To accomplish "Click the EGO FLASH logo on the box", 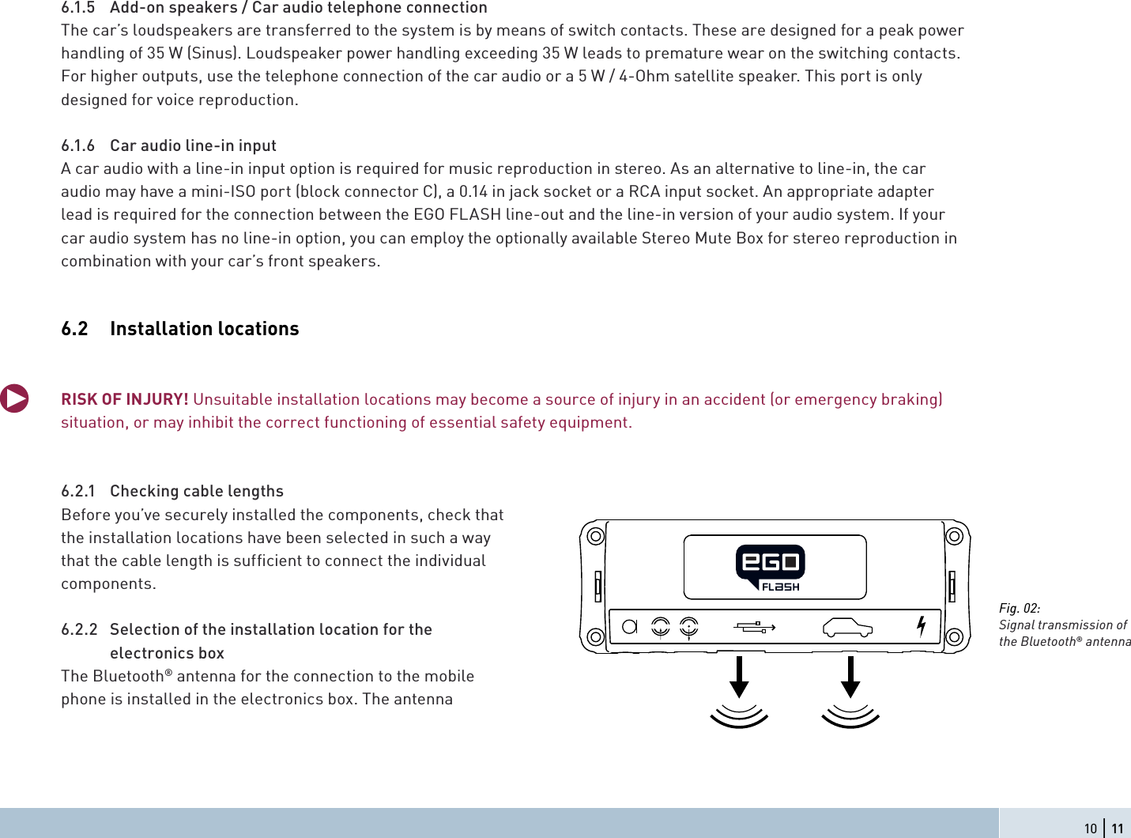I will [x=770, y=567].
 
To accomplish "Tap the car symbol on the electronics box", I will [x=847, y=628].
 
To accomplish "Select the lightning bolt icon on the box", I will [x=921, y=626].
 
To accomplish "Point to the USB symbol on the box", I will [x=755, y=627].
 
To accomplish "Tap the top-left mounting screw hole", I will [x=595, y=536].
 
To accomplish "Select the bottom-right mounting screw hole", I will [x=954, y=636].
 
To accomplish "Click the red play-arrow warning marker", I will [x=14, y=398].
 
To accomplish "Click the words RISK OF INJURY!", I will [x=125, y=399].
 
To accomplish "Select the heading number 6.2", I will [x=74, y=329].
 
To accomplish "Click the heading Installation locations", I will [x=205, y=329].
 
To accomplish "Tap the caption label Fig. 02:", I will [x=1020, y=608].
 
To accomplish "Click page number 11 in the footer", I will [x=1117, y=829].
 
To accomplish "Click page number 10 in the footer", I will [x=1091, y=829].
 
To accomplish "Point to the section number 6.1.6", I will [x=77, y=145].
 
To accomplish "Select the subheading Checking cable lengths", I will [x=197, y=491].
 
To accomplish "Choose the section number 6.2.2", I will [x=79, y=629].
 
